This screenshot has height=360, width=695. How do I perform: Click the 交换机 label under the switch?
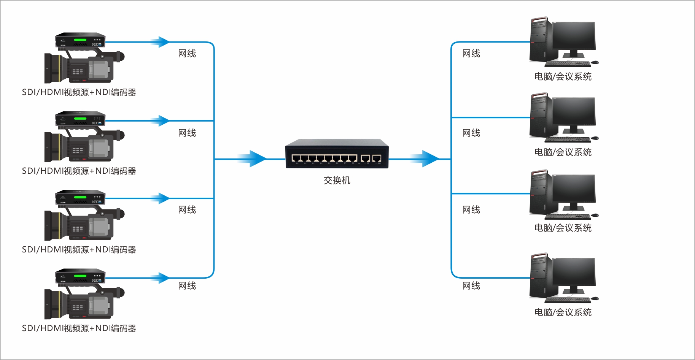[337, 180]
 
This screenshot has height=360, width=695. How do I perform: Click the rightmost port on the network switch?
[377, 159]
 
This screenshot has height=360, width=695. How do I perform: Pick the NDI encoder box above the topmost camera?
[80, 40]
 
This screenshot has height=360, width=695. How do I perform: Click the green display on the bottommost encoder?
[80, 276]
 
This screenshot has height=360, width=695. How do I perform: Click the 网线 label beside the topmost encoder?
[187, 54]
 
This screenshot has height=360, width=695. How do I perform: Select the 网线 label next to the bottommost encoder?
[187, 285]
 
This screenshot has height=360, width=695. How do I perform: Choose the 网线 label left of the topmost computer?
[471, 54]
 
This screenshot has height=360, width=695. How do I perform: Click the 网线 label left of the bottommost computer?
[471, 285]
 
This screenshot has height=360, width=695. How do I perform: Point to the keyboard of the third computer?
[568, 217]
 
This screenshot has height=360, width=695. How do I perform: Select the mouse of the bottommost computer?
[595, 298]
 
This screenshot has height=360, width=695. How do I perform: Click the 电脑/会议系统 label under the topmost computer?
[563, 76]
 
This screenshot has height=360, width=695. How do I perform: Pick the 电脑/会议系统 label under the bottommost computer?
[563, 312]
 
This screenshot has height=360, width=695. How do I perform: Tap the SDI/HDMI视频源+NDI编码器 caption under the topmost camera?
[79, 92]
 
